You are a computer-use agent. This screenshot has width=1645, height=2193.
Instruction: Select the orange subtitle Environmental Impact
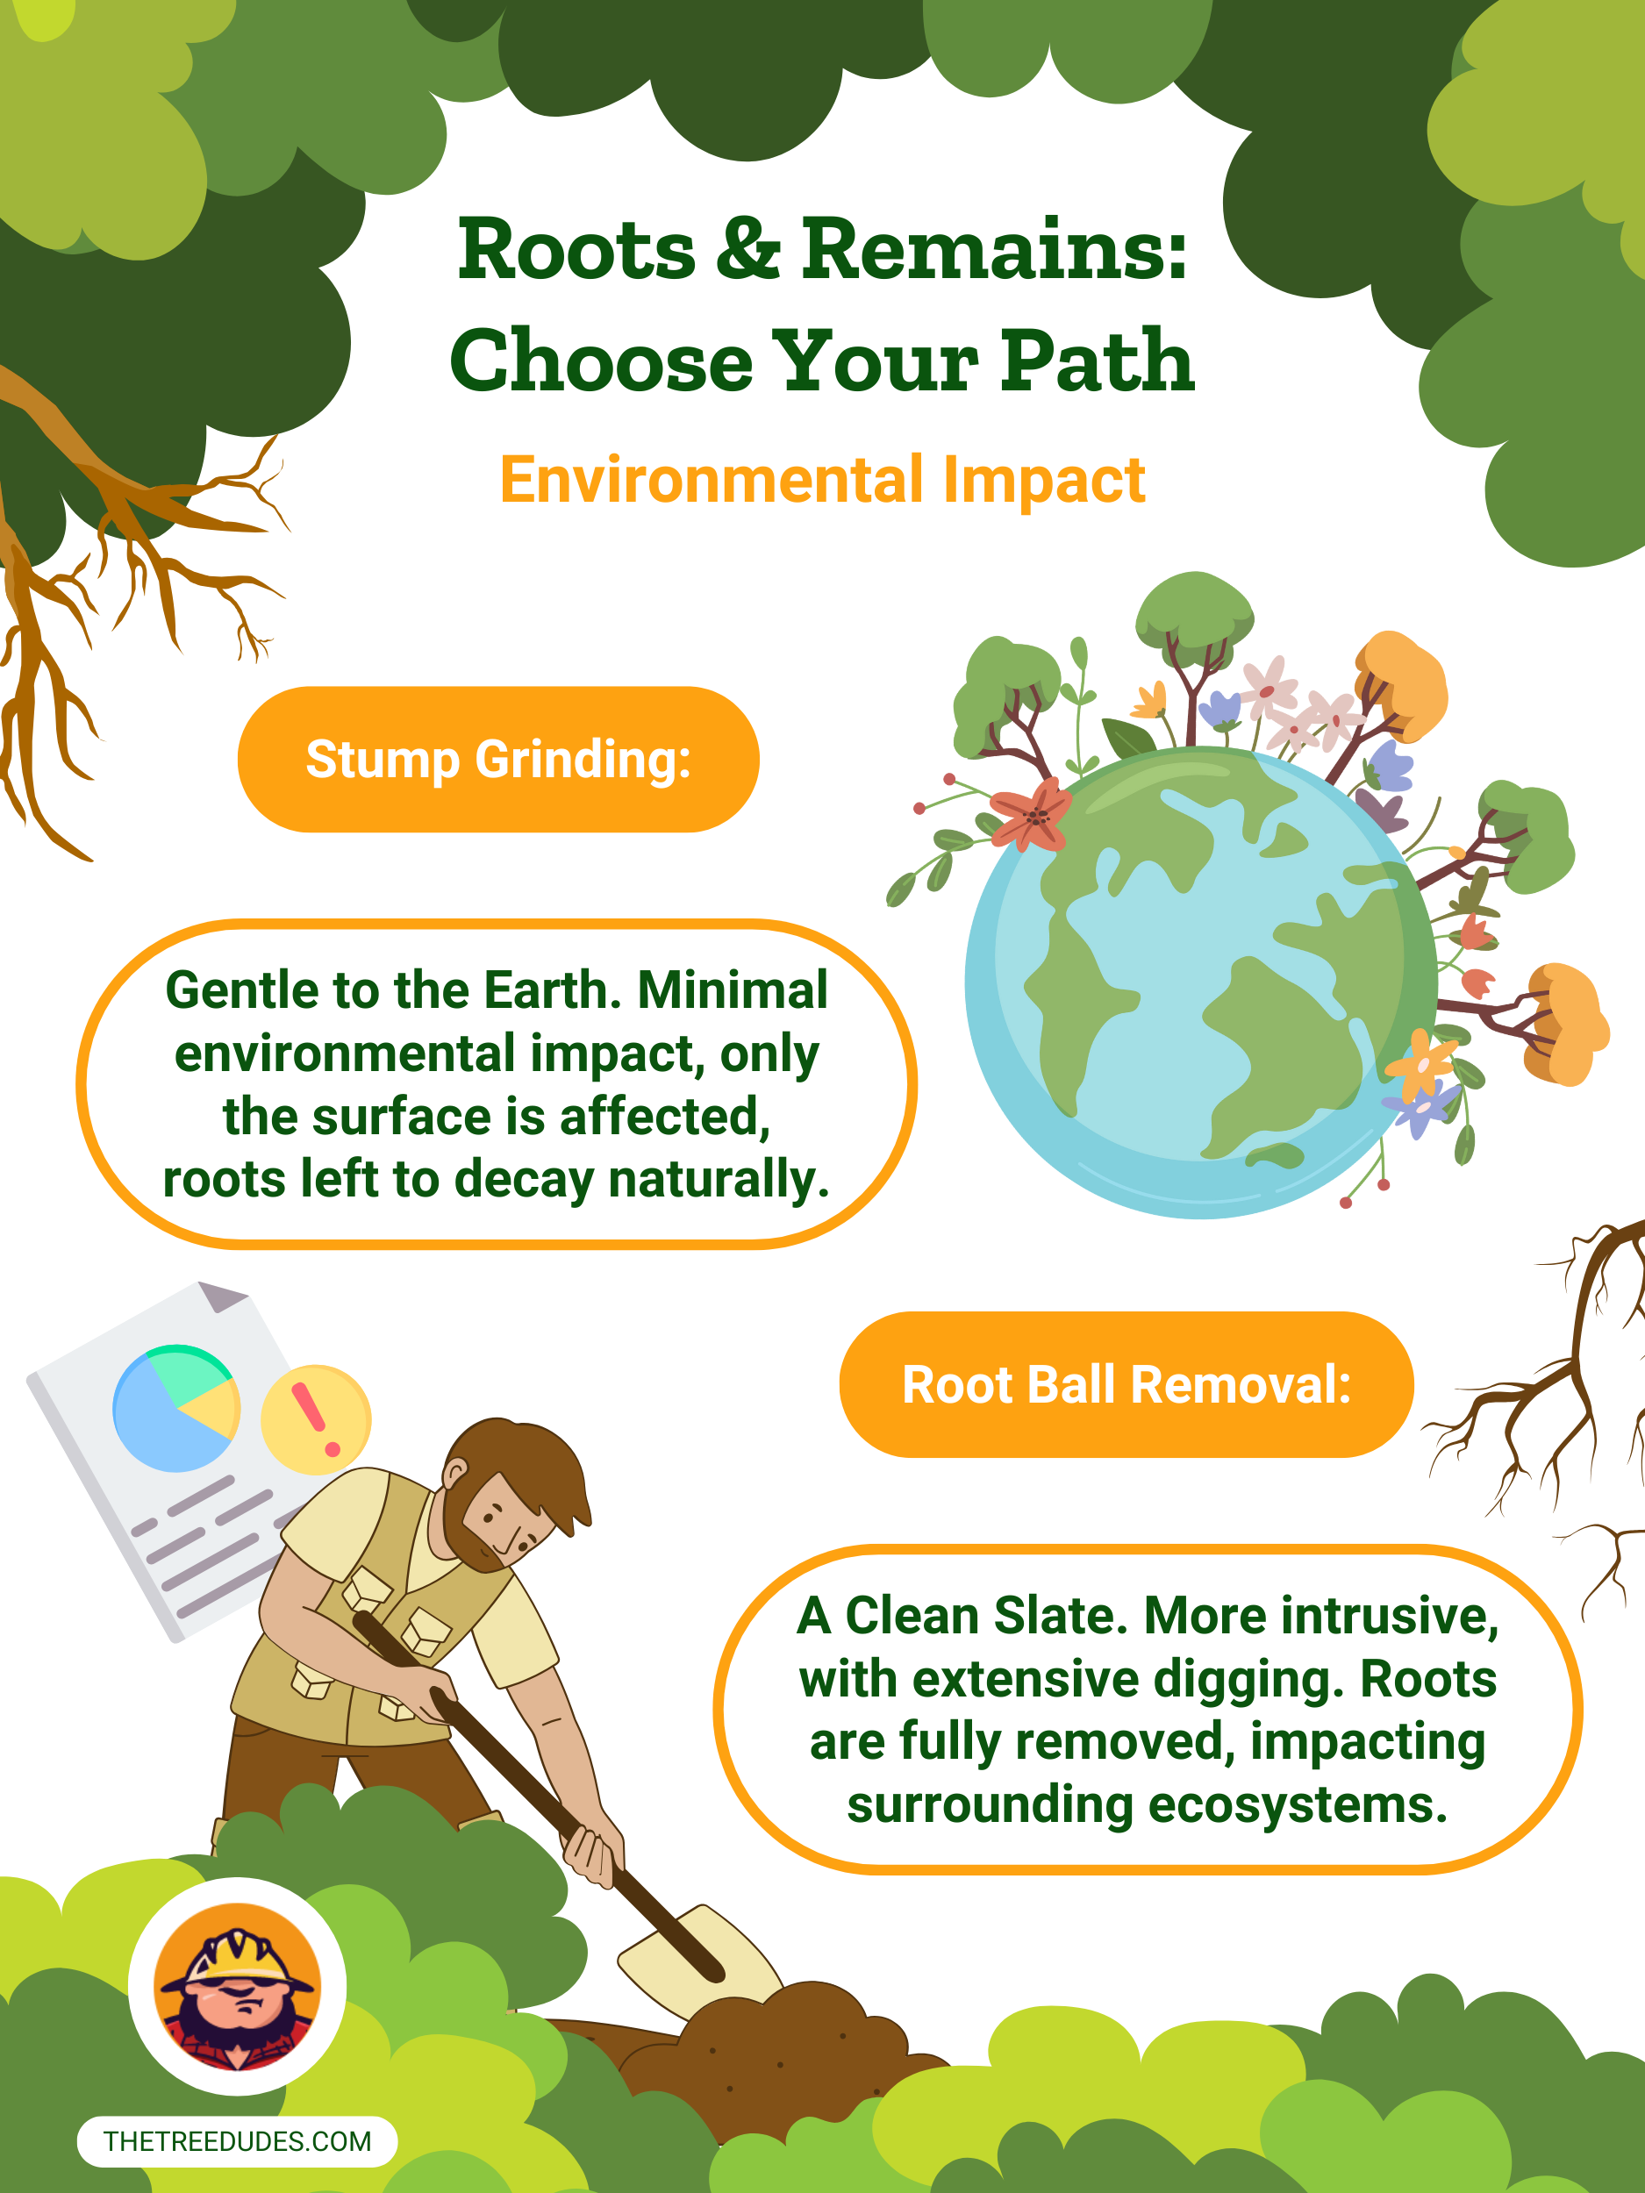[822, 480]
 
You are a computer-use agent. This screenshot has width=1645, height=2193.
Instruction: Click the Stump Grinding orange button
[498, 760]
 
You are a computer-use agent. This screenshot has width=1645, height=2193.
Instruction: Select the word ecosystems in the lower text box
[1297, 1804]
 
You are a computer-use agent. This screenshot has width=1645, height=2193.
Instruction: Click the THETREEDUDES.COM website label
[237, 2141]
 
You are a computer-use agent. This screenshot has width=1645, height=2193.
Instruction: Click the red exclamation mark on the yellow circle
[314, 1418]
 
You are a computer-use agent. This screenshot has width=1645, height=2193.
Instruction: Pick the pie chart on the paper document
[176, 1408]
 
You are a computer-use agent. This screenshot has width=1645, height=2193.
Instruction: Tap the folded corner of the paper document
[221, 1296]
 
